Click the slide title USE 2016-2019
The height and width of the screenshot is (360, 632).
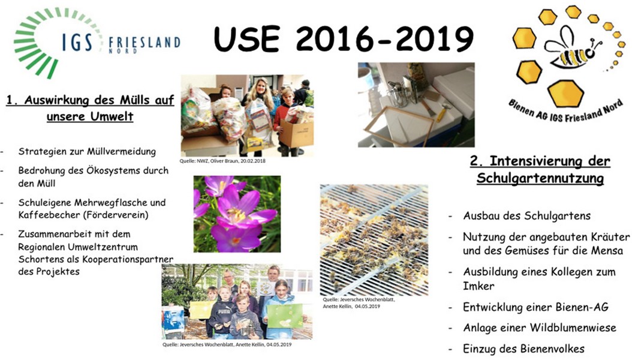[x=344, y=39]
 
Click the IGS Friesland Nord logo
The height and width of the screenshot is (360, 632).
[x=97, y=43]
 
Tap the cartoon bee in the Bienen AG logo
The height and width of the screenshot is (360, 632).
[x=573, y=50]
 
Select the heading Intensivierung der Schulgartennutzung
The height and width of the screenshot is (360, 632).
[x=540, y=169]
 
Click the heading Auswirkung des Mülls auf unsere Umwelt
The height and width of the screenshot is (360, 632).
[x=91, y=107]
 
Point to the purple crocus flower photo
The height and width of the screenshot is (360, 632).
[x=237, y=214]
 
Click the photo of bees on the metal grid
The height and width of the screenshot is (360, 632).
[x=374, y=240]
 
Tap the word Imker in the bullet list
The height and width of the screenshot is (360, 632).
[x=478, y=286]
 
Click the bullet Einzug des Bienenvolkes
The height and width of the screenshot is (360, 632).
[x=523, y=349]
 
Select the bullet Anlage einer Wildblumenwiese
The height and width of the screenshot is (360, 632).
[x=539, y=328]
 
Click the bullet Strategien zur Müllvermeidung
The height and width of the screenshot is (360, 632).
[x=87, y=152]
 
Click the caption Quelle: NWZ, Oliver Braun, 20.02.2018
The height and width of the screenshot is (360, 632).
[x=222, y=161]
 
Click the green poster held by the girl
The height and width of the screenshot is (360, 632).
[x=285, y=316]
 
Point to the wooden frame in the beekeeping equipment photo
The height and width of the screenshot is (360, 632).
[x=399, y=126]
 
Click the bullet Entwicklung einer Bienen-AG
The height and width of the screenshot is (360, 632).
[x=535, y=307]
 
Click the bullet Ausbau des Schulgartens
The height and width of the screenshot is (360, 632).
[x=527, y=216]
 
